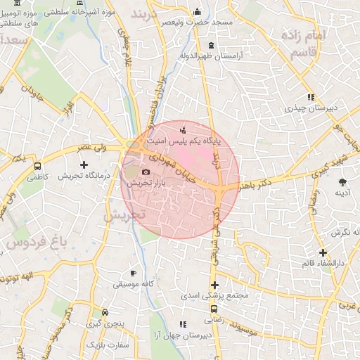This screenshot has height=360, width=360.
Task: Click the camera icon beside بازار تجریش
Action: coord(146,172)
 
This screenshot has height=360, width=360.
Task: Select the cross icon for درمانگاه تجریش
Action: coord(84,165)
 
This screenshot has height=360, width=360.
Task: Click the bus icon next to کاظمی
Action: coord(37,167)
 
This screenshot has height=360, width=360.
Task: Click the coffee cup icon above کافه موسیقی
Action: coord(134,273)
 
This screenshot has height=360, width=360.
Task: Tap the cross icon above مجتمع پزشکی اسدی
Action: coord(214,285)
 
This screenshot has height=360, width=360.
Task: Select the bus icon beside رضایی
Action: coord(214,309)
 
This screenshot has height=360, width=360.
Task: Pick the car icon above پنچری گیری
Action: coord(105,312)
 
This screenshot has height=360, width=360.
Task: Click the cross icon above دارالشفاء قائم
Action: coord(323,252)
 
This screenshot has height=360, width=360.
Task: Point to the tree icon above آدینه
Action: coord(342,181)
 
